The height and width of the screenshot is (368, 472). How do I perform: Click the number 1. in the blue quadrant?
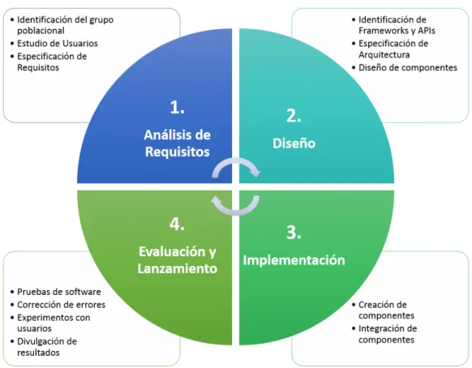177,107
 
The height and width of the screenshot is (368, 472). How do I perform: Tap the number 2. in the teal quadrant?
294,116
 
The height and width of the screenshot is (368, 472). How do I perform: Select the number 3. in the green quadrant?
294,233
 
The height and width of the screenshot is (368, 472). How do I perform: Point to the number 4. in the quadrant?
177,224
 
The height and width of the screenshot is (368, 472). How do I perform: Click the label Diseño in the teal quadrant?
294,143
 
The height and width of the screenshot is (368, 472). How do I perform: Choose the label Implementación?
294,260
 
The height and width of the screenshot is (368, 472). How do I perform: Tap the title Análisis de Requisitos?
178,143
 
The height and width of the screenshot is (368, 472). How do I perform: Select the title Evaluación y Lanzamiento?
178,260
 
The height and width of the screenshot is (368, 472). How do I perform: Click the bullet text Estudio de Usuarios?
58,44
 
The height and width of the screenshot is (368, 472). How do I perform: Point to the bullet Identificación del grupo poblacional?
66,25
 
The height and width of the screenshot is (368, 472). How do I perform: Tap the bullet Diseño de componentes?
408,68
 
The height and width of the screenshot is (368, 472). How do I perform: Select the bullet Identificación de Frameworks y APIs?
397,25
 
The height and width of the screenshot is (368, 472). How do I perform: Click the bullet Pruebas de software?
58,292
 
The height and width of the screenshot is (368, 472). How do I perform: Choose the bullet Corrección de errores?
61,305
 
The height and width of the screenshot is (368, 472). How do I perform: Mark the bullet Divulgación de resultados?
47,347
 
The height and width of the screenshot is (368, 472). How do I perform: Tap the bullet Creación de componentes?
386,310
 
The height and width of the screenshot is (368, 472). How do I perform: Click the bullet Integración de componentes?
388,334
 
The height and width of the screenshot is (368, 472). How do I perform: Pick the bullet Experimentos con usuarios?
54,323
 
